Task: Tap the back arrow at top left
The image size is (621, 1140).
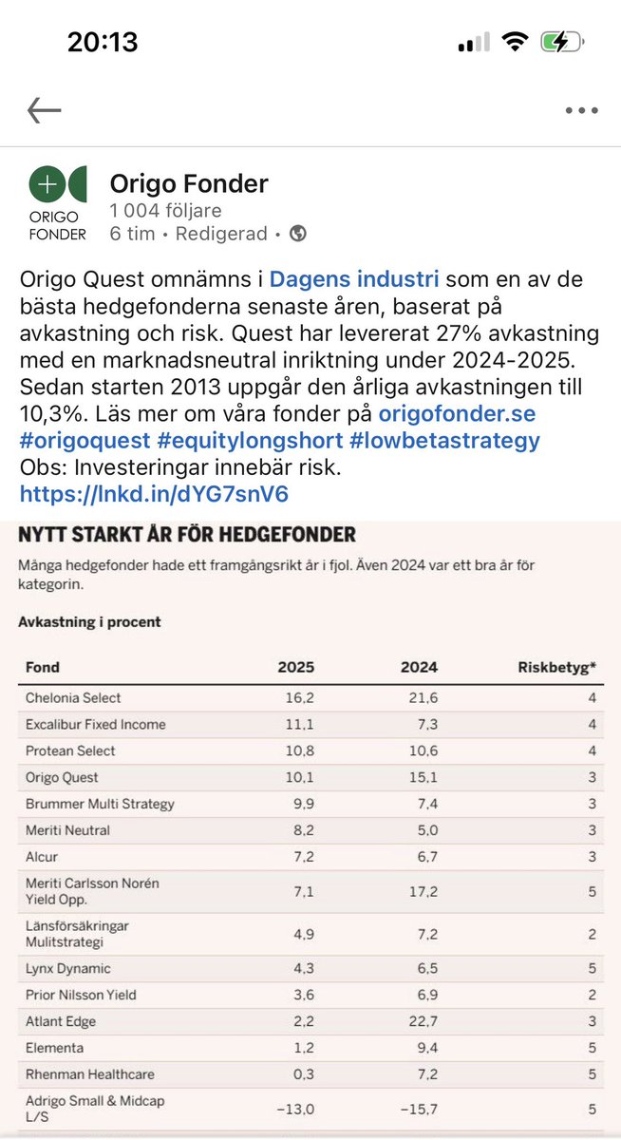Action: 44,110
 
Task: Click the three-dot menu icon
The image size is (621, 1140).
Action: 581,110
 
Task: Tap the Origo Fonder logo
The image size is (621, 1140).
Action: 57,203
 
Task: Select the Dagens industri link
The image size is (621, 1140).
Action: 354,280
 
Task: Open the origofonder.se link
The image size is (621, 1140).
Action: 455,413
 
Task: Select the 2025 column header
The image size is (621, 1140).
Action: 295,667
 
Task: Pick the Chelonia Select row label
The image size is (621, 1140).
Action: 73,697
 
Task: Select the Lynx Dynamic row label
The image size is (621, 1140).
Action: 67,968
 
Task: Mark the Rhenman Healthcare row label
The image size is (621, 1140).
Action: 89,1074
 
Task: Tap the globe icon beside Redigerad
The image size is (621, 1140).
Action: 297,234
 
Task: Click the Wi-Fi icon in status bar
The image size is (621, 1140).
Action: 516,42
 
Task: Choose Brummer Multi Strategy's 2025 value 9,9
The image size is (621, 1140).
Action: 298,804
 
